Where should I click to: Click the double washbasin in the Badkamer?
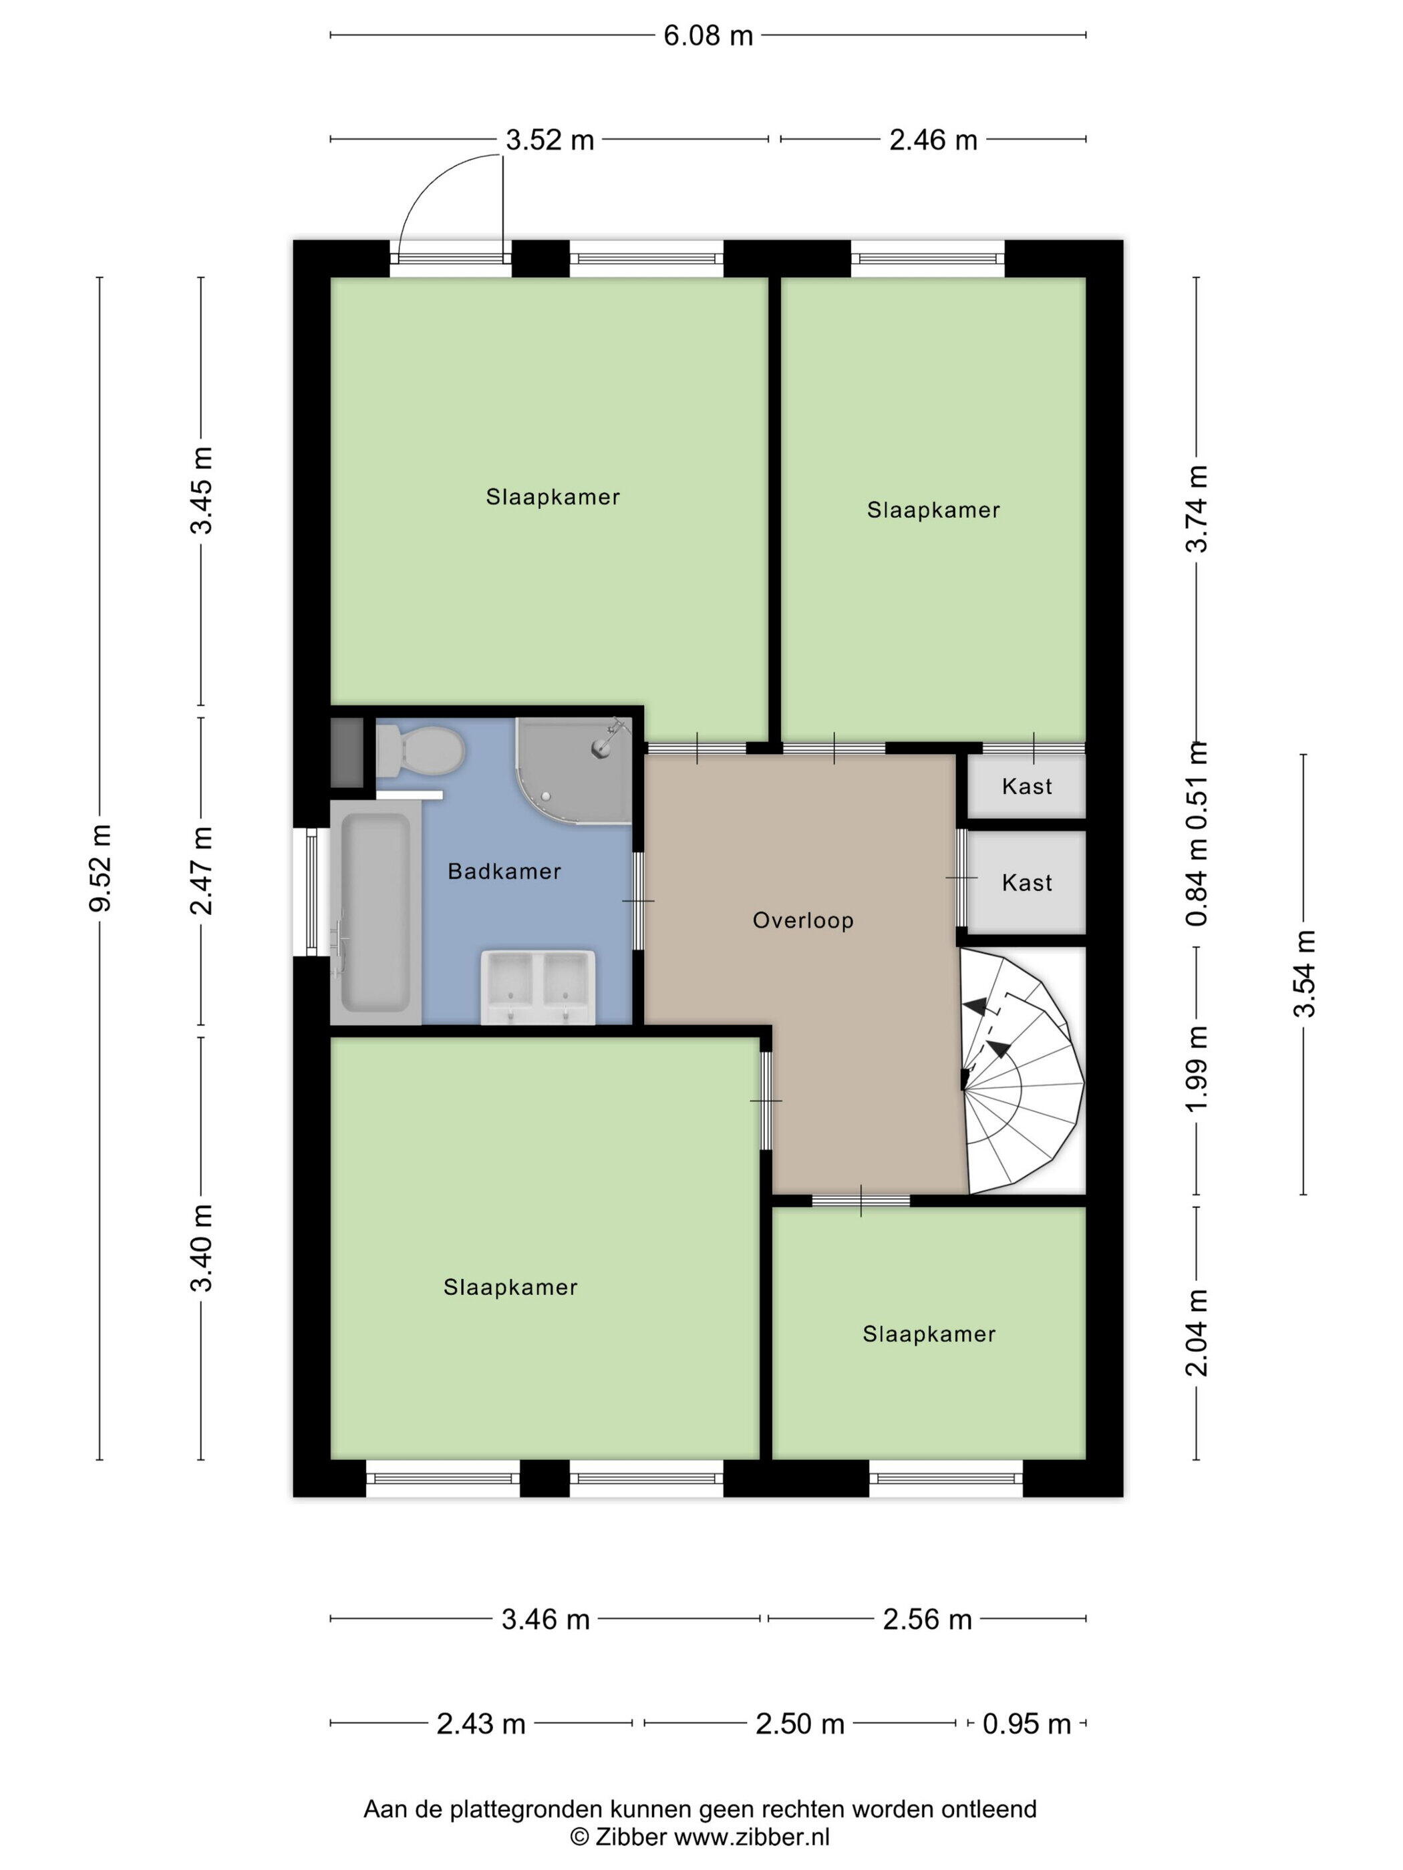538,986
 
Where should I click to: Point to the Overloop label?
802,920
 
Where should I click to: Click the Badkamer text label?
504,871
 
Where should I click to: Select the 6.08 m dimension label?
708,35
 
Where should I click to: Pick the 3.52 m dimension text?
550,140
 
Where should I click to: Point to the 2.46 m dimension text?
933,140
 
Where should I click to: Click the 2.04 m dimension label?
1197,1332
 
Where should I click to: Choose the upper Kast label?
1027,786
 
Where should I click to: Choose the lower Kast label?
1027,883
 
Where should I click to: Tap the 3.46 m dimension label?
545,1619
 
